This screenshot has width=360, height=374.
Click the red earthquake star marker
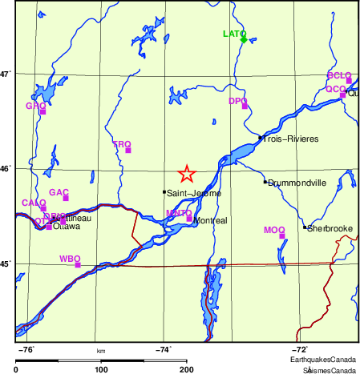click(x=187, y=173)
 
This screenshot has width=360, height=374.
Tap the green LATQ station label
click(x=233, y=34)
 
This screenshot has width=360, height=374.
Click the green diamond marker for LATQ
click(x=243, y=38)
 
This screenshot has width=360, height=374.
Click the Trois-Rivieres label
click(x=292, y=139)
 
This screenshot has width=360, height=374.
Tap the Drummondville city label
click(x=297, y=183)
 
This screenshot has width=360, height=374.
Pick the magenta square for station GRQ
click(x=42, y=111)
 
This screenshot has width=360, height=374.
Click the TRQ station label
click(x=121, y=144)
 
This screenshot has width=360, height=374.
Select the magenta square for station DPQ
click(x=245, y=106)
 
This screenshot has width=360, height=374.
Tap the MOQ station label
click(x=274, y=231)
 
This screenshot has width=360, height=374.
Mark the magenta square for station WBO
click(x=78, y=264)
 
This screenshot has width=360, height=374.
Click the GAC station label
click(x=59, y=192)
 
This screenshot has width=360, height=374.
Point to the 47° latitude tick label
click(x=6, y=74)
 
